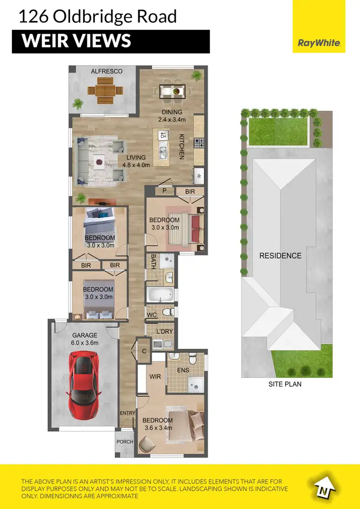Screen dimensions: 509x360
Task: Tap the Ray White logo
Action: coord(319,43)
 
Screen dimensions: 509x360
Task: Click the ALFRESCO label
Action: coord(107,71)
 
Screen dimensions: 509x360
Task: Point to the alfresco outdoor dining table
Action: coord(102,91)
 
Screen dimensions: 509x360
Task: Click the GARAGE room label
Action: coord(85,335)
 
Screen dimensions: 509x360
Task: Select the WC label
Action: coord(152,314)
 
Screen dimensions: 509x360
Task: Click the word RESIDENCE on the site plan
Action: coord(280,256)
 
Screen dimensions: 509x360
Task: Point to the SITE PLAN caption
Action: coord(286,384)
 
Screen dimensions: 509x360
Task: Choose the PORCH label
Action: coord(124,441)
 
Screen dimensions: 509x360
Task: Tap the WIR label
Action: coord(155,376)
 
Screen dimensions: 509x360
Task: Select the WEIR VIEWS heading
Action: coord(76,41)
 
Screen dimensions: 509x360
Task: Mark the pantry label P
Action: coord(164,191)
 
